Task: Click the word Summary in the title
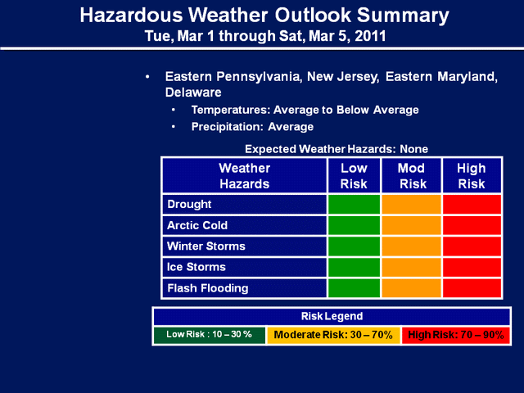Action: click(x=403, y=16)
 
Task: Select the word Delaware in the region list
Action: click(x=193, y=93)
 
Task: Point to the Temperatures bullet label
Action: click(x=231, y=110)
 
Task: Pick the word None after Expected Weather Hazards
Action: click(x=413, y=149)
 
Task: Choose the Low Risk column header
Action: click(x=354, y=176)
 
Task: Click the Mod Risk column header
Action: click(x=411, y=176)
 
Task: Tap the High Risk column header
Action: click(x=472, y=176)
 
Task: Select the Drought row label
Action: click(x=189, y=204)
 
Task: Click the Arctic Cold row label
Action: click(x=197, y=225)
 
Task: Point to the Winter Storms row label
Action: click(x=206, y=246)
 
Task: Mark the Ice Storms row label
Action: click(x=196, y=267)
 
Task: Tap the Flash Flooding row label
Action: click(x=207, y=288)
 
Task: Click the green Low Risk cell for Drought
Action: click(x=354, y=204)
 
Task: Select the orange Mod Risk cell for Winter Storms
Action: click(x=411, y=246)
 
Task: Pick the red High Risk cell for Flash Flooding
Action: click(x=472, y=288)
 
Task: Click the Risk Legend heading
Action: click(x=332, y=316)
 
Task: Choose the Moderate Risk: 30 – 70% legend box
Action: click(x=333, y=335)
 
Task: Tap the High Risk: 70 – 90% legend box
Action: click(x=456, y=335)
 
